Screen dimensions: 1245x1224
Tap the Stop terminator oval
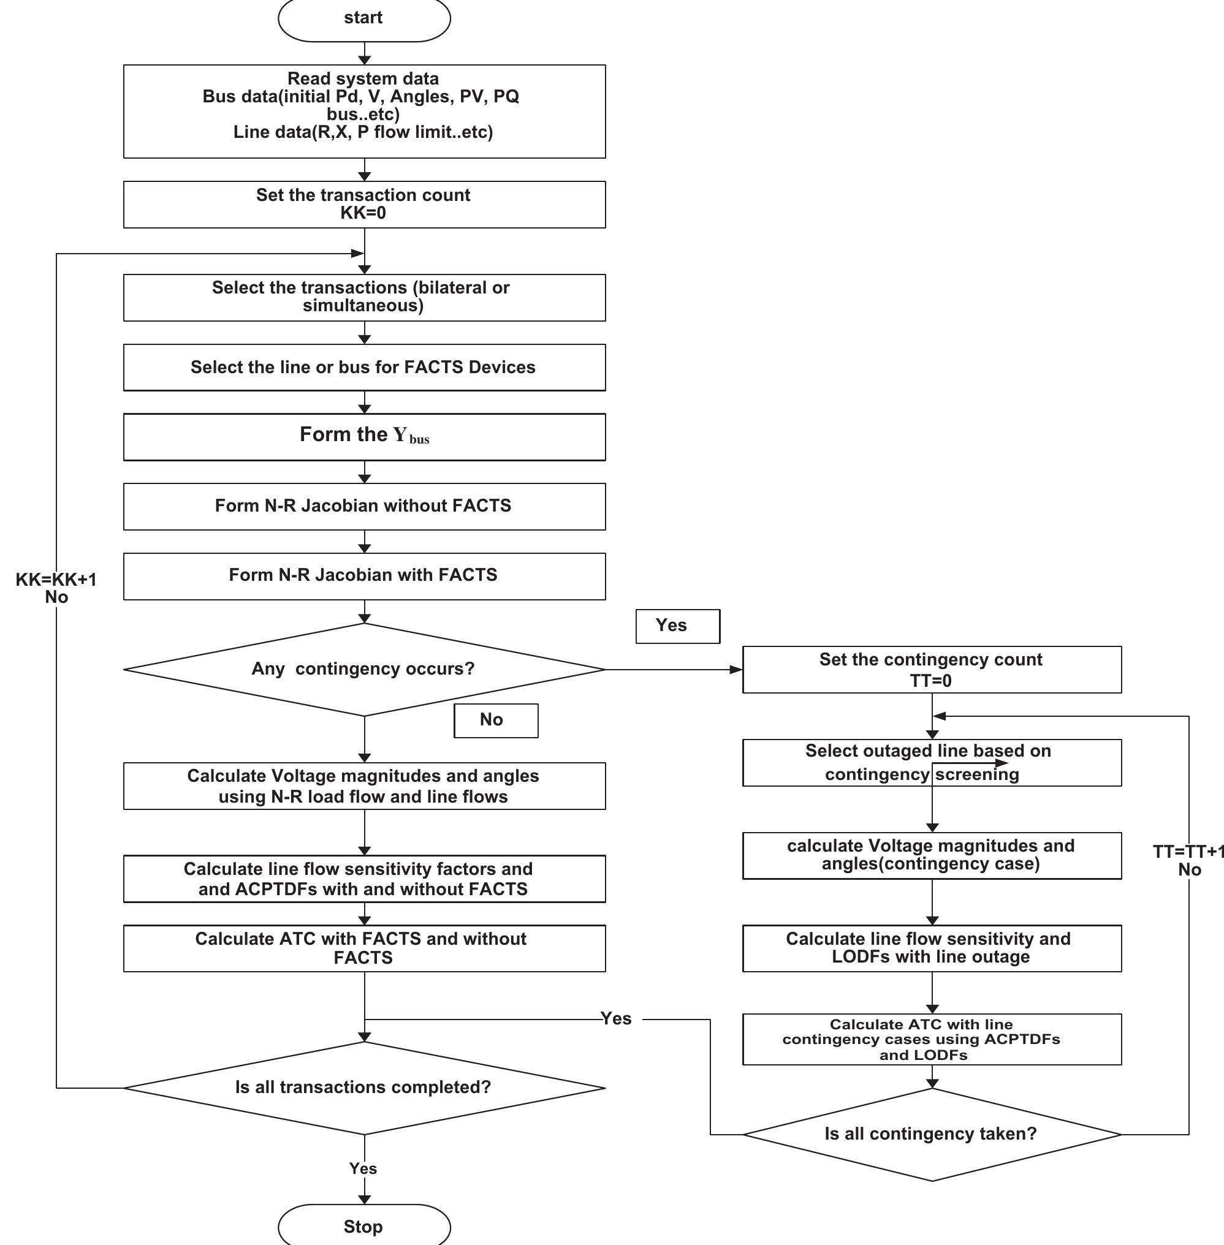click(x=364, y=1226)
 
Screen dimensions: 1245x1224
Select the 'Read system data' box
click(x=364, y=110)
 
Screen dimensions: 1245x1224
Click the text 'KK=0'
click(x=363, y=213)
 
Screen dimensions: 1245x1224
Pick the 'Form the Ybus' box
click(x=364, y=436)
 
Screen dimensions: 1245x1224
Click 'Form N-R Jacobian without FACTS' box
click(x=364, y=506)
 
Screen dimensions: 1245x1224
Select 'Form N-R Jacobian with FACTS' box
click(x=364, y=575)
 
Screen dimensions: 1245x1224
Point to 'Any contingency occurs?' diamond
click(x=364, y=669)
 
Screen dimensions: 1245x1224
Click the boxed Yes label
click(x=677, y=626)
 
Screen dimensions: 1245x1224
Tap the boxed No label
click(x=495, y=720)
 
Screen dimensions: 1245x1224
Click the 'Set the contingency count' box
click(x=931, y=669)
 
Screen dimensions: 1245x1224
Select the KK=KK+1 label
click(x=56, y=580)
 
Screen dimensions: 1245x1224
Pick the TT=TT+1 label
click(x=1188, y=852)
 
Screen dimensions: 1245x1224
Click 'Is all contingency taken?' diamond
click(x=931, y=1134)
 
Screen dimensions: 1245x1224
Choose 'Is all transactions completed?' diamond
click(x=364, y=1088)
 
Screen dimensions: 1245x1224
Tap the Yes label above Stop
click(x=363, y=1168)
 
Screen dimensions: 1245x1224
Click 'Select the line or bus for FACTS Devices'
click(x=364, y=367)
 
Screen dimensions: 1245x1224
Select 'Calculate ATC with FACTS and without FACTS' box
click(x=364, y=948)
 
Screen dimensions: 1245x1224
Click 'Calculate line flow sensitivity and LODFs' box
click(x=931, y=948)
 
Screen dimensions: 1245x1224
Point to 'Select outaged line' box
click(x=931, y=762)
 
